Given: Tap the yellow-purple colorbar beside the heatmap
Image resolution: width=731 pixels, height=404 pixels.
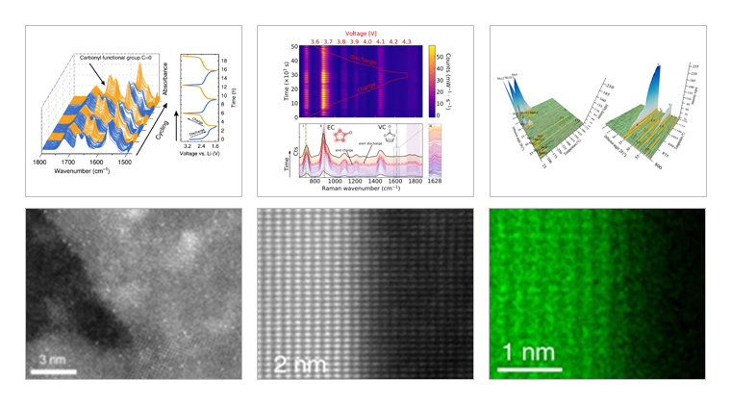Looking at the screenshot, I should (432, 81).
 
